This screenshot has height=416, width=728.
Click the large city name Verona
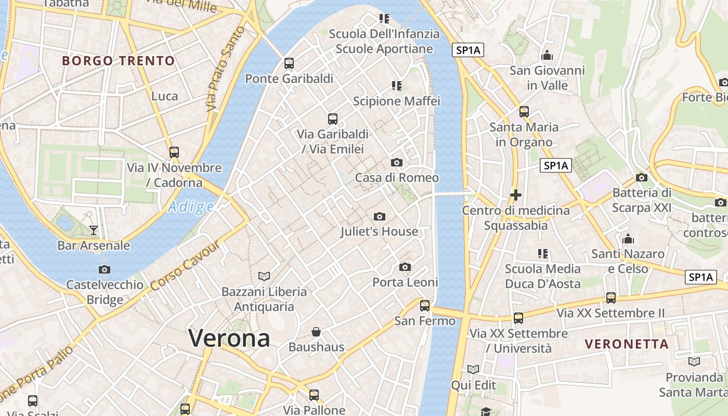(x=229, y=339)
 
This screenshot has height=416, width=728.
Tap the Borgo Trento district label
(x=119, y=61)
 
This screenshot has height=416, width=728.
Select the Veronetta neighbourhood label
(x=627, y=344)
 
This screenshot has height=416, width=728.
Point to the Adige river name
(x=191, y=207)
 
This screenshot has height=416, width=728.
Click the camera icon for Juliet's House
(x=380, y=216)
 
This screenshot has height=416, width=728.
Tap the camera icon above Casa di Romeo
(x=397, y=163)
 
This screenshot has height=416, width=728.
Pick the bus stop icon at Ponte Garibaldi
(x=289, y=63)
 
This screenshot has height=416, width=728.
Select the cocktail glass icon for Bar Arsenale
(x=94, y=230)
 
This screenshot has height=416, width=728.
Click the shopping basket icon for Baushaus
(x=316, y=332)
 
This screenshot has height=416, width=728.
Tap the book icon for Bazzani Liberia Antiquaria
(x=264, y=276)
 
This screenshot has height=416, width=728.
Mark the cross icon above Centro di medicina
(x=516, y=195)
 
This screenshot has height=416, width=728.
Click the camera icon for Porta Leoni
(x=405, y=267)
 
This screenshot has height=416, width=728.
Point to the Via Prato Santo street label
(x=226, y=69)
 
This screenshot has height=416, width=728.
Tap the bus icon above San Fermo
(x=425, y=306)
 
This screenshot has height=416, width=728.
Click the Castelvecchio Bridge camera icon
(x=105, y=269)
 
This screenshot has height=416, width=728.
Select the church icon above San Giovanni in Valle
(x=547, y=55)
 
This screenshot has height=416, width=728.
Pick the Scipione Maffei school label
(x=397, y=101)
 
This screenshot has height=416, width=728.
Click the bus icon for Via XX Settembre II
(x=611, y=298)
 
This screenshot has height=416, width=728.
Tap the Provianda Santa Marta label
(x=694, y=384)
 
